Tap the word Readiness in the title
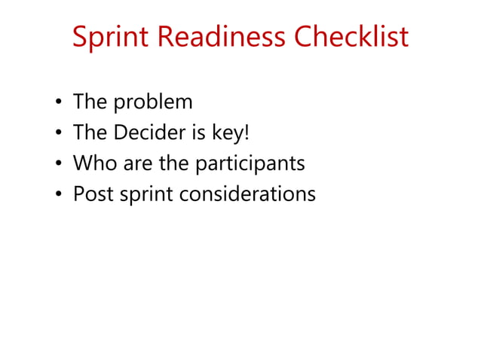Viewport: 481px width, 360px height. (215, 36)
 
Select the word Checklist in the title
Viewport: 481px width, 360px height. (351, 36)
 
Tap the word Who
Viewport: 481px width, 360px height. (91, 163)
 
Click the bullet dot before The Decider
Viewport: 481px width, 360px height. (59, 134)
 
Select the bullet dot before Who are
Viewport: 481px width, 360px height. (59, 164)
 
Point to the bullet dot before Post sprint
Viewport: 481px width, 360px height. (59, 195)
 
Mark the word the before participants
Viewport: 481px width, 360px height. (175, 163)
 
